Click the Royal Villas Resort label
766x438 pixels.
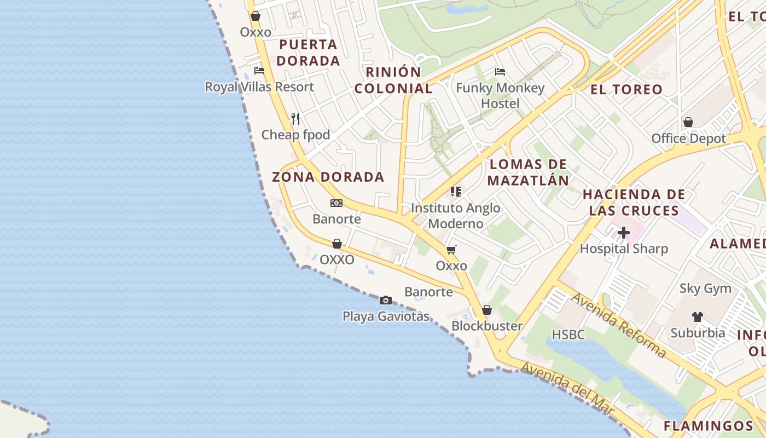tap(259, 87)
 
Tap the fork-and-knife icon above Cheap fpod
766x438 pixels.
tap(295, 118)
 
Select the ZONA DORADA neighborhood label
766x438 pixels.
tap(328, 177)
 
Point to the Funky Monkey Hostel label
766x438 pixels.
tap(500, 95)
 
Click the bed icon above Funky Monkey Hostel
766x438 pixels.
tap(500, 71)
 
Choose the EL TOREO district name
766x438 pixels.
tap(626, 89)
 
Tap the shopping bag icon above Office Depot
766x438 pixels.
tap(688, 122)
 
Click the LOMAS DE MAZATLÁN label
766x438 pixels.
tap(528, 172)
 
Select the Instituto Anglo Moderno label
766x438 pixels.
tap(456, 216)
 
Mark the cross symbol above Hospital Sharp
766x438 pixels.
tap(624, 233)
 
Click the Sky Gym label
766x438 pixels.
tap(705, 289)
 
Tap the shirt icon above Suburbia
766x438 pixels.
tap(697, 316)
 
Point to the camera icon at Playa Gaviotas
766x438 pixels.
tap(386, 300)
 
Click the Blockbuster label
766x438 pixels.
tap(487, 326)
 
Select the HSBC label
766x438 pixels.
tap(568, 335)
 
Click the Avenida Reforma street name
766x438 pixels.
tap(619, 325)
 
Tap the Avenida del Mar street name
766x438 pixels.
tap(567, 390)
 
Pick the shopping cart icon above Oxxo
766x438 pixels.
tap(451, 250)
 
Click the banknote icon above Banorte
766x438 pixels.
tap(336, 203)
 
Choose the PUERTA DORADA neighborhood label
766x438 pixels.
tap(308, 53)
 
